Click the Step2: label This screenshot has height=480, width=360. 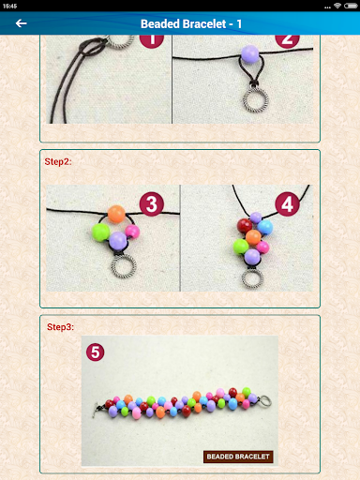pyautogui.click(x=58, y=161)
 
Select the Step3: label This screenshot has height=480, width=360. pyautogui.click(x=60, y=327)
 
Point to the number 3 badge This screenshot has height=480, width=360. pyautogui.click(x=151, y=203)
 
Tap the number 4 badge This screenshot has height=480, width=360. pyautogui.click(x=288, y=203)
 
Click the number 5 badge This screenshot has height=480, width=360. pyautogui.click(x=95, y=353)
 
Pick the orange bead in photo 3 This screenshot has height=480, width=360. pyautogui.click(x=115, y=215)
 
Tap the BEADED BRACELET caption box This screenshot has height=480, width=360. pyautogui.click(x=238, y=457)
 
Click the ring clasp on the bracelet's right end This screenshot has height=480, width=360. pyautogui.click(x=265, y=400)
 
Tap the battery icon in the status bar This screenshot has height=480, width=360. pyautogui.click(x=352, y=5)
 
